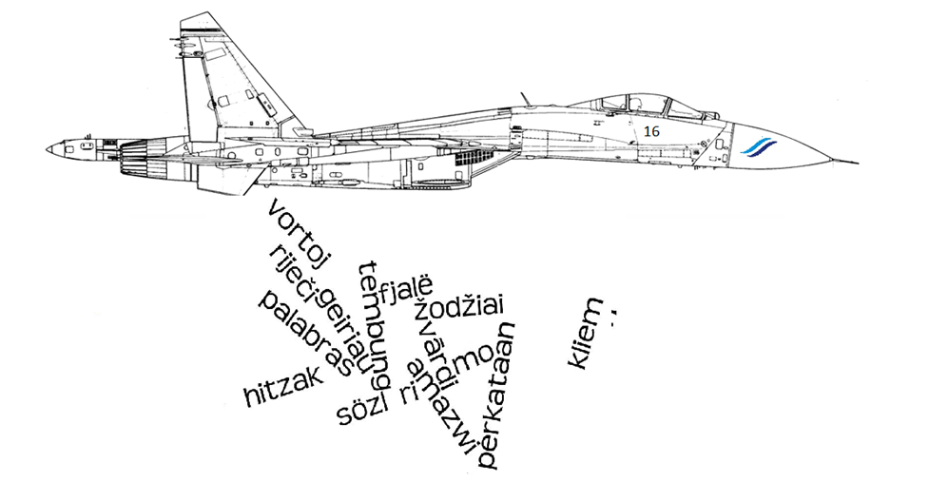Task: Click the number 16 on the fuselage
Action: (651, 131)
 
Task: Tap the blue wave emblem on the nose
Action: (758, 145)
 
